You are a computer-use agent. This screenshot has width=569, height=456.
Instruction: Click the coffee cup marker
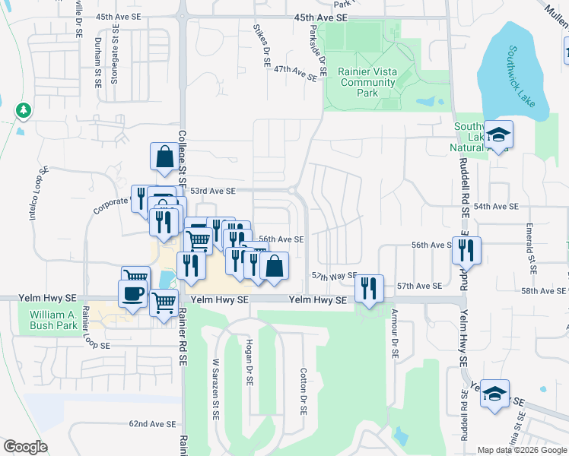pyautogui.click(x=133, y=294)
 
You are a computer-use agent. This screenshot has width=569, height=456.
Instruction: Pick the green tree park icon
pyautogui.click(x=24, y=111)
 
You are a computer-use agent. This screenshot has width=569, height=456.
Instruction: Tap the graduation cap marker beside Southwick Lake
pyautogui.click(x=499, y=135)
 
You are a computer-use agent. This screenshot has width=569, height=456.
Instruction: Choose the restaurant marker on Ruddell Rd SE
pyautogui.click(x=466, y=249)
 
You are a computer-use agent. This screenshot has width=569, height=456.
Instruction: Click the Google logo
pyautogui.click(x=26, y=447)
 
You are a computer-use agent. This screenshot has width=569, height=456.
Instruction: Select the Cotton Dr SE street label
pyautogui.click(x=303, y=391)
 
